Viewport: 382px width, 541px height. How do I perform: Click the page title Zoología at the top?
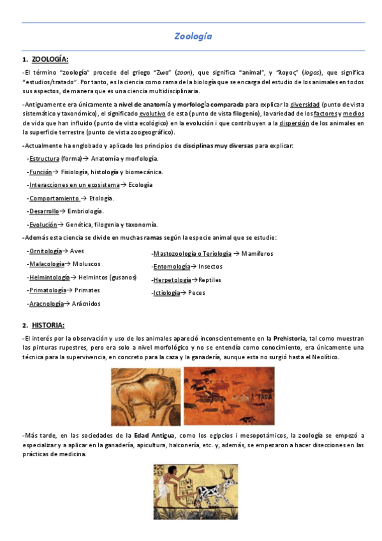(x=193, y=36)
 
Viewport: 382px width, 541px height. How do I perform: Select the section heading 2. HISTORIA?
(x=48, y=325)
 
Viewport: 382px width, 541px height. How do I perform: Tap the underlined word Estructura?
(x=45, y=158)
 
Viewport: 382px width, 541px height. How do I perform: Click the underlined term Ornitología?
(x=46, y=251)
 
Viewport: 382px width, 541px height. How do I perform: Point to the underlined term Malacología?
(x=47, y=264)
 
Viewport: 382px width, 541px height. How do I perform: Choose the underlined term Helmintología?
(x=49, y=278)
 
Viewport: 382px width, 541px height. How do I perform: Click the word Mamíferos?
(x=257, y=253)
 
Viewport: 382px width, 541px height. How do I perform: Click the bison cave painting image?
(x=145, y=397)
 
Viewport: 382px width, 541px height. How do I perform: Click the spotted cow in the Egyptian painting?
(x=214, y=493)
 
